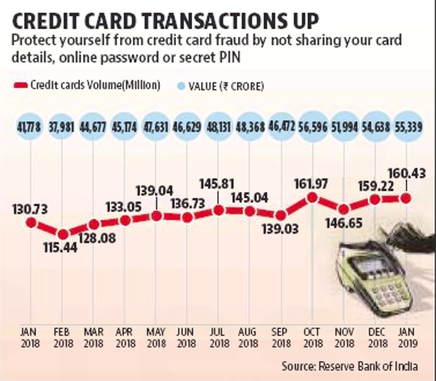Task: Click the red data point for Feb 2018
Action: tap(63, 234)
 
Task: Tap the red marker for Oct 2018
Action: tap(312, 198)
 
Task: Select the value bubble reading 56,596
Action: tap(313, 127)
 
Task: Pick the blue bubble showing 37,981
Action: tap(62, 127)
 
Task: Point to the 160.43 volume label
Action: tap(407, 173)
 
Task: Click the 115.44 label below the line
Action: tap(61, 247)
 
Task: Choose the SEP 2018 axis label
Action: tap(281, 337)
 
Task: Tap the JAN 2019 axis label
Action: tap(407, 337)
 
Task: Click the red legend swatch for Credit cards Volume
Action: tap(20, 85)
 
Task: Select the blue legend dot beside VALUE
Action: tap(181, 86)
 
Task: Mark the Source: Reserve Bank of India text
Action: tap(349, 366)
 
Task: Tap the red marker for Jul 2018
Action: tap(219, 210)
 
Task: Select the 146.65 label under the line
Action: tap(344, 223)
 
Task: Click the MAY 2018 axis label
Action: tap(156, 337)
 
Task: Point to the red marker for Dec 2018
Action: tap(375, 199)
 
